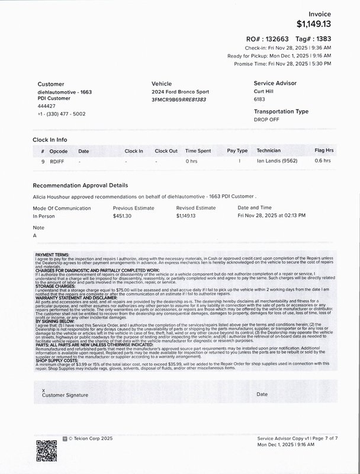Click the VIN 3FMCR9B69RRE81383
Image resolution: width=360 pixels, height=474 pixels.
[x=179, y=100]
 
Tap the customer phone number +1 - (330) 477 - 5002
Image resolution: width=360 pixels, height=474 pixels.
[x=62, y=114]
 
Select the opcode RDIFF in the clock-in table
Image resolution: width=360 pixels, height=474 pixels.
[x=57, y=161]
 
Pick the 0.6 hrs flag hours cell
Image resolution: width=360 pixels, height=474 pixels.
[x=323, y=161]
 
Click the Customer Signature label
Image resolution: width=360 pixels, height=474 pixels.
[x=65, y=394]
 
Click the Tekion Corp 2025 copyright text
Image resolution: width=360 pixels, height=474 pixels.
[x=91, y=439]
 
